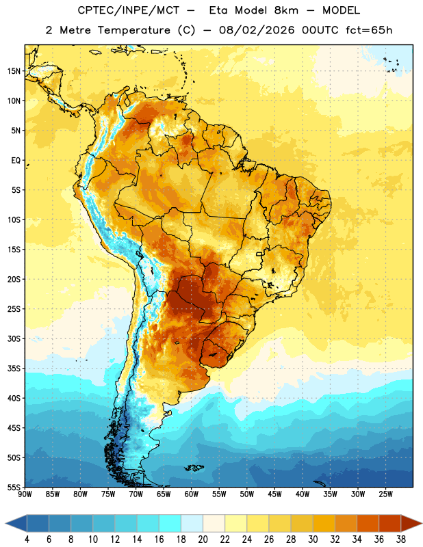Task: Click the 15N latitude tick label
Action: coord(14,71)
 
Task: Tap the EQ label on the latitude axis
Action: coord(16,161)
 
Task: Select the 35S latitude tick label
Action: coord(14,369)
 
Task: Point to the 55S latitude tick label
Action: coord(14,488)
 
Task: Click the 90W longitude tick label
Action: coord(25,494)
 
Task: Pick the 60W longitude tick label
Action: coord(192,494)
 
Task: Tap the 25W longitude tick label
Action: coord(385,494)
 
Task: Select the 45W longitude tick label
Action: coord(274,494)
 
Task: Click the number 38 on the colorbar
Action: coord(401,539)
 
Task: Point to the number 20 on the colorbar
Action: coord(203,539)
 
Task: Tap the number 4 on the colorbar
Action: coord(27,539)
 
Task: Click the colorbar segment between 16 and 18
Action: coord(170,523)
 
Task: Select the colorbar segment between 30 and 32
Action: coord(324,523)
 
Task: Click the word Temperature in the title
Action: coord(133,30)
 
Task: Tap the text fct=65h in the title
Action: coord(369,30)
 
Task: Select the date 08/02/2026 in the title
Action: coord(257,30)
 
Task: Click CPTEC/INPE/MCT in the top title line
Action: coord(128,10)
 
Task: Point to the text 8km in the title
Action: coord(286,10)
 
